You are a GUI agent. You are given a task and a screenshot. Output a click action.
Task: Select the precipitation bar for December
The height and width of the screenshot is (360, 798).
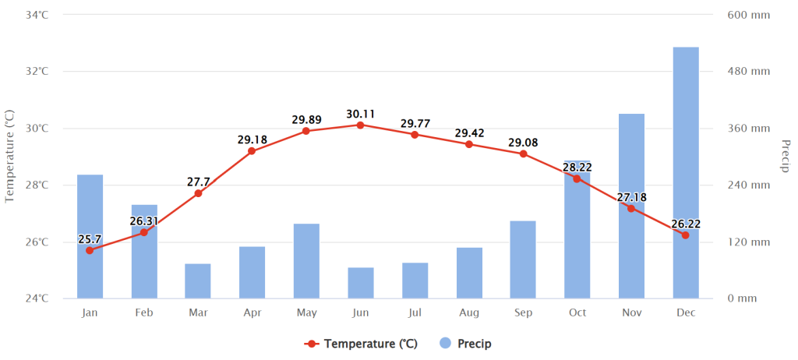point(686,173)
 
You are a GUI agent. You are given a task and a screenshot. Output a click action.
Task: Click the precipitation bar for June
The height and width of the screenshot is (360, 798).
point(361,283)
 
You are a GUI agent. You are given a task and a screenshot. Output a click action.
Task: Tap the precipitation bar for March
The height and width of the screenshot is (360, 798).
point(198,281)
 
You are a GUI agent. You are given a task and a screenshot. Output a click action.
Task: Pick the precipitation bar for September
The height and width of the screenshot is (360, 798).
point(523,259)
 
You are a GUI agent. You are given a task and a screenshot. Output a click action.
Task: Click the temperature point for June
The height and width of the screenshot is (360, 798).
point(360,125)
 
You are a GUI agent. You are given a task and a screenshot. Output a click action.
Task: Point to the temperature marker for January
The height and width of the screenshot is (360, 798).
point(90,250)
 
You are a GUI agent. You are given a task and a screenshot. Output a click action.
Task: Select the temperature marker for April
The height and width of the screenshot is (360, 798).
point(252,150)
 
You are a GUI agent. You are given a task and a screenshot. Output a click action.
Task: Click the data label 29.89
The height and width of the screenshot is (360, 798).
point(306,120)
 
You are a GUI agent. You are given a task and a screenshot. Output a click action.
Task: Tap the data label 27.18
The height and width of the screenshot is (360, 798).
point(631,197)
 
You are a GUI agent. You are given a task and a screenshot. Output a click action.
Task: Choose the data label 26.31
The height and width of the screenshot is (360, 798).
point(143,221)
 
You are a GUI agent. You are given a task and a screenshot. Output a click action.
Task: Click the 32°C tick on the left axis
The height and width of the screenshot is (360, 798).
point(37,71)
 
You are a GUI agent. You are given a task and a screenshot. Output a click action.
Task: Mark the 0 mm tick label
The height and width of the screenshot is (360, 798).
point(743,298)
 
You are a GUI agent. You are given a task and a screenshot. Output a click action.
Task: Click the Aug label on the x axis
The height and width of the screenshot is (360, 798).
point(468,312)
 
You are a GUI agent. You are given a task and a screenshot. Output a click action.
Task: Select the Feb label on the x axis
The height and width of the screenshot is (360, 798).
point(144,312)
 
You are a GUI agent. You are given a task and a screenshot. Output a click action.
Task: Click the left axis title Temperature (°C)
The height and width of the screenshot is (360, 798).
point(9,157)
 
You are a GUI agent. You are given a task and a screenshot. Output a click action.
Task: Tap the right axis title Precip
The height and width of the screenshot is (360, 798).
point(784,156)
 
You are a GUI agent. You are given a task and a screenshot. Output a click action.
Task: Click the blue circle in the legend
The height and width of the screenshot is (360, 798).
point(445,343)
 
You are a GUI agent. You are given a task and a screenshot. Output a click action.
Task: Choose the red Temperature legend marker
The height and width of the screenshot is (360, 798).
point(312,344)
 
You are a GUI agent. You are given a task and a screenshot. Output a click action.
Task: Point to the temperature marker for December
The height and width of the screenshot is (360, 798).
point(686,235)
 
